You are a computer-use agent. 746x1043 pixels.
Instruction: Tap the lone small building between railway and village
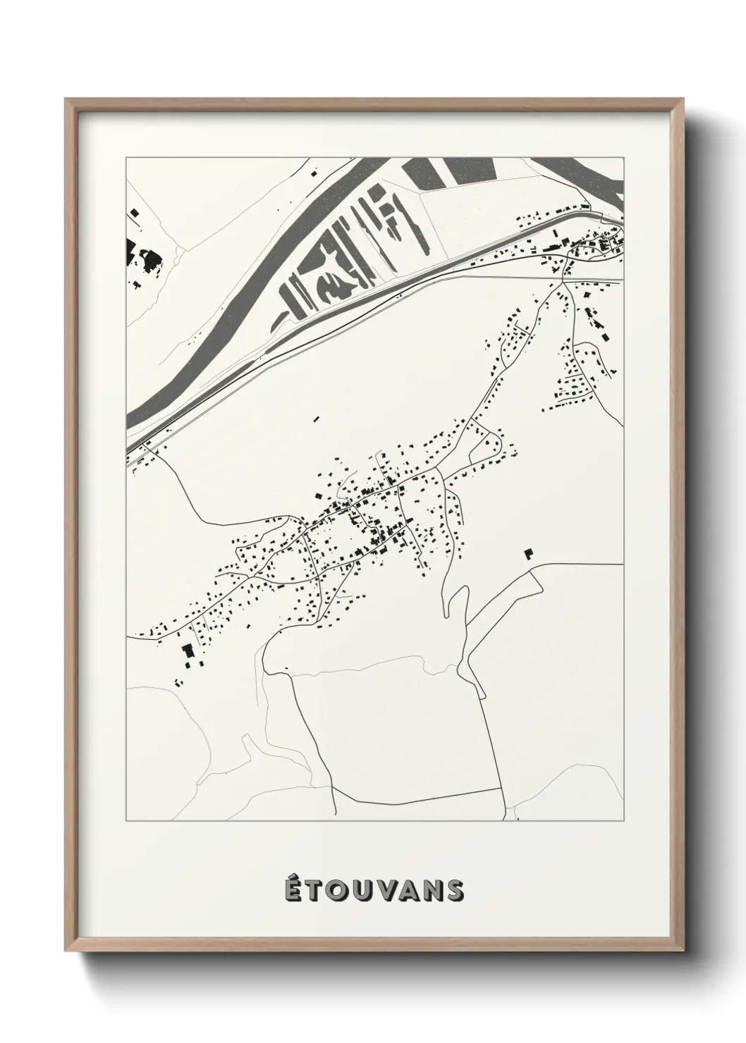tap(316, 419)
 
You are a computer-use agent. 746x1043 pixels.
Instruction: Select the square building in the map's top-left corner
tap(133, 211)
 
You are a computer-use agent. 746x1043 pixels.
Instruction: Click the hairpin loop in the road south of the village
tap(455, 599)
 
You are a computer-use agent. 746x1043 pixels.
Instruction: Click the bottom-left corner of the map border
tap(126, 821)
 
